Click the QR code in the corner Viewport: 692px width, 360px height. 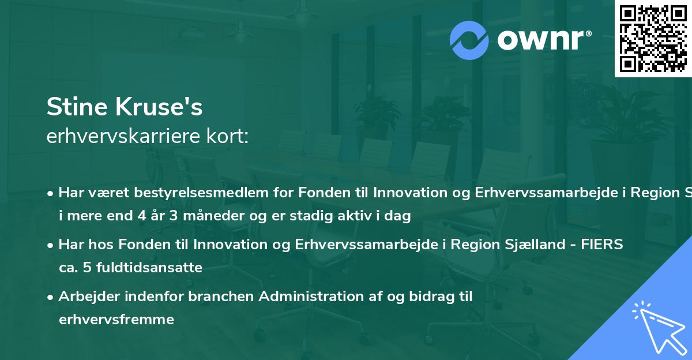coord(653,39)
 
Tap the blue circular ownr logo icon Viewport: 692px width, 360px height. coord(469,40)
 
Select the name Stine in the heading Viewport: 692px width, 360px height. coord(77,107)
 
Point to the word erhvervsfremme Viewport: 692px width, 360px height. coord(116,319)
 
